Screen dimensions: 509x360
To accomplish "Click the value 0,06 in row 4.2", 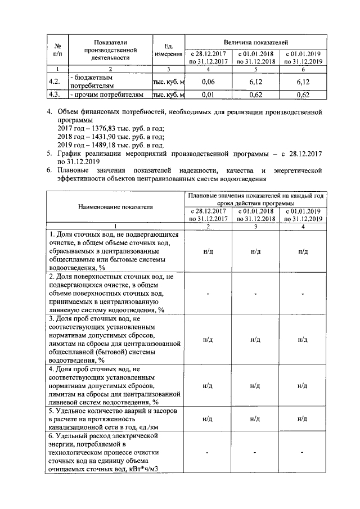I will point(208,82).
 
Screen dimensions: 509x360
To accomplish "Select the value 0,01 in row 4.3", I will point(208,94).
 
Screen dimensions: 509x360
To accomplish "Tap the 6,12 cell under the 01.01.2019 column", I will point(303,82).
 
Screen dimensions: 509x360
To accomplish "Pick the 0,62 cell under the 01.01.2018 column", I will point(255,94).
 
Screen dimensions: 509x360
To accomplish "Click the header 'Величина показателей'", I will point(255,42).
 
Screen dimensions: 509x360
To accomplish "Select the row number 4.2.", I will point(55,82).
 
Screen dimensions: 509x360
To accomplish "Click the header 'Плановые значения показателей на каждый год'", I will point(255,195).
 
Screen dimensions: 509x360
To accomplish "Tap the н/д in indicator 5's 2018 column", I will point(255,419).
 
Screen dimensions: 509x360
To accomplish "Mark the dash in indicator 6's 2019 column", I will point(303,453).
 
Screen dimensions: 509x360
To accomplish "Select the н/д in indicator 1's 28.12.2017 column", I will point(208,251).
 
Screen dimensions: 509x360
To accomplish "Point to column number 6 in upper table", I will point(303,69).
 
